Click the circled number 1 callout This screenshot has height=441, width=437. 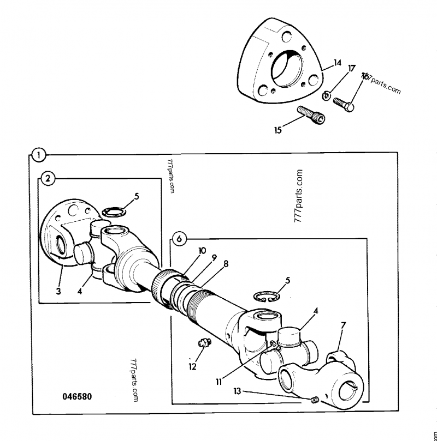pos(38,155)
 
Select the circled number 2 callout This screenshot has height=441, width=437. pos(48,178)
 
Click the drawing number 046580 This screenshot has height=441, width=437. pos(76,396)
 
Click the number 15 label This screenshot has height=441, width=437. pos(278,130)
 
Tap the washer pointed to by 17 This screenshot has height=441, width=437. pos(327,95)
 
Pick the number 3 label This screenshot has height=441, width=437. pos(58,291)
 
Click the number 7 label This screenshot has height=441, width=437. pos(343,326)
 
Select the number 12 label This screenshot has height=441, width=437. pos(192,366)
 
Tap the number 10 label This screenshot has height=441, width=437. pos(202,251)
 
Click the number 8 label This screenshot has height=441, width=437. pos(226,264)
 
